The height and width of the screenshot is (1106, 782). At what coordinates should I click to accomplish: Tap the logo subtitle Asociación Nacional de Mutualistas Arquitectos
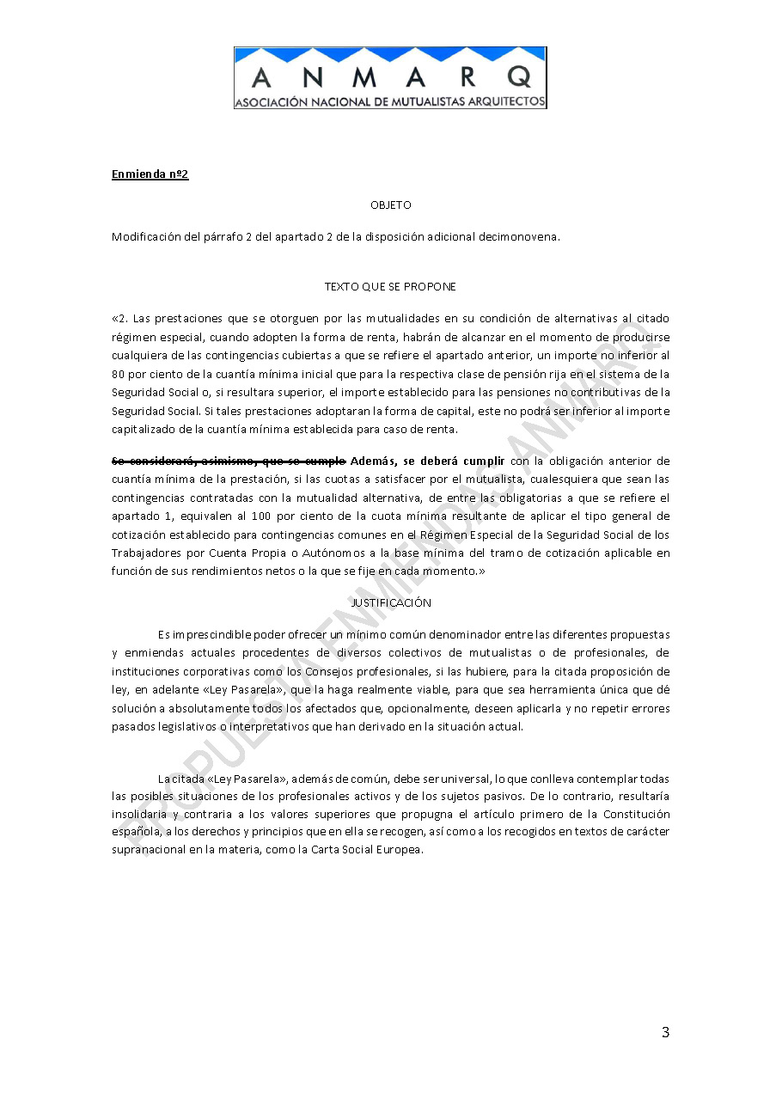coord(390,101)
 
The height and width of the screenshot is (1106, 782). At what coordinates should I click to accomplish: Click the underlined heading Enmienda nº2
coord(150,174)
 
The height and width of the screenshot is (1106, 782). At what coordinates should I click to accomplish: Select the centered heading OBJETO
coord(390,205)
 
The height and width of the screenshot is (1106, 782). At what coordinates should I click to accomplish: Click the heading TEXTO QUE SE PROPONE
coord(390,286)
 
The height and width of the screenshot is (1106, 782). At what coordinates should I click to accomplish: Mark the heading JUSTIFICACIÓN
coord(390,603)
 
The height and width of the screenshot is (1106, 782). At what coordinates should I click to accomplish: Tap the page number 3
coord(665,1033)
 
